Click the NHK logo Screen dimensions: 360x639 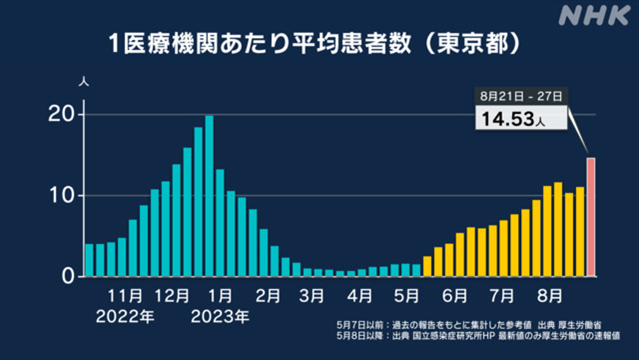594,16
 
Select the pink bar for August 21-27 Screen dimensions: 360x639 591,217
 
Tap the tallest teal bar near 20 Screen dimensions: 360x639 209,196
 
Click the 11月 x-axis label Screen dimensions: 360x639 125,296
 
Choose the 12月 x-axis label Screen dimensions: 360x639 171,296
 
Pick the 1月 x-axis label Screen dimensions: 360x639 220,296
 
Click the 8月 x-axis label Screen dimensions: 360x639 550,296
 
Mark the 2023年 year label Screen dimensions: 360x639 220,317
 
